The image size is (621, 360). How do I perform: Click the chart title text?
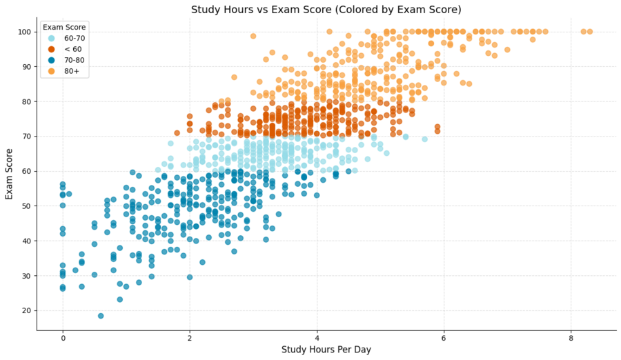[x=326, y=10]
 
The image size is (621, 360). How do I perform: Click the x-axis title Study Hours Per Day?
[x=326, y=350]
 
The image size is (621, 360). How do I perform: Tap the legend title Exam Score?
[x=64, y=27]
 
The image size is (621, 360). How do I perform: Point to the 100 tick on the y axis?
[x=25, y=32]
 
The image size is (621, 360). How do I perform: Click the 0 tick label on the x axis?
[x=63, y=338]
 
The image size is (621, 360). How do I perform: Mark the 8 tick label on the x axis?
[x=571, y=338]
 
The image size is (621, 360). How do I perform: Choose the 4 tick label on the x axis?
[x=317, y=338]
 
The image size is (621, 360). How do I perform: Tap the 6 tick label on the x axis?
[x=444, y=338]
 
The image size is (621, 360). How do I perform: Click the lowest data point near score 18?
[x=101, y=316]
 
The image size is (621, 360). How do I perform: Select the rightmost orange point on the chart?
[x=589, y=31]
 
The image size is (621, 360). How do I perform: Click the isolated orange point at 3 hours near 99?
[x=253, y=36]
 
